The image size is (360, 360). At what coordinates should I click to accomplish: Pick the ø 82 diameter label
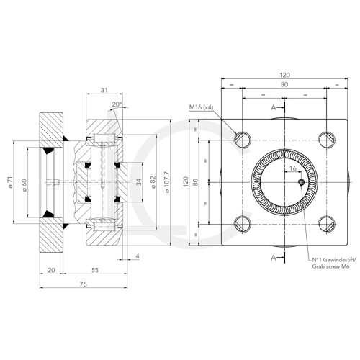(153, 181)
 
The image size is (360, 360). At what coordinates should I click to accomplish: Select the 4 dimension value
(138, 256)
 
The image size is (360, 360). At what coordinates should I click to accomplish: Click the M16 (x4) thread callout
(202, 108)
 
